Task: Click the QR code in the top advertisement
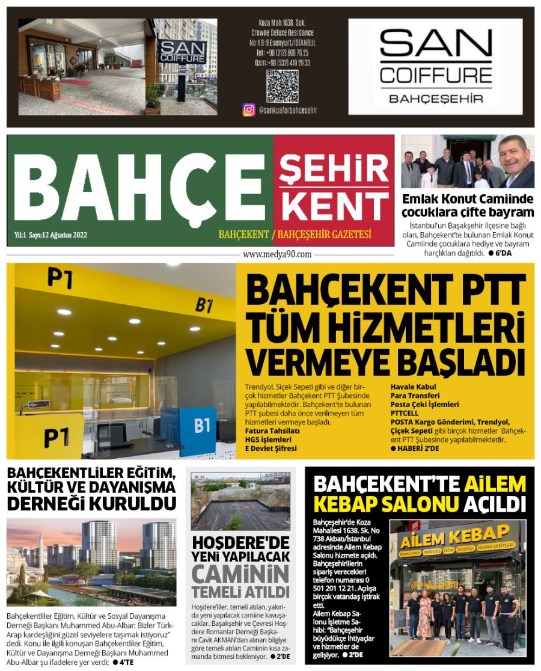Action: tap(282, 85)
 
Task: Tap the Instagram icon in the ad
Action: tap(248, 110)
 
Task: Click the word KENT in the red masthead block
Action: tap(334, 205)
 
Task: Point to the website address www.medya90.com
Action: tap(277, 254)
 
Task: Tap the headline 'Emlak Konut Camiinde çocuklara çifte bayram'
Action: tap(467, 206)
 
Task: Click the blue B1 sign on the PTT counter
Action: tap(201, 426)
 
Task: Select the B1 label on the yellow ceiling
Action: tap(204, 305)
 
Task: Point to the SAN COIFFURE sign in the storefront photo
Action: tap(174, 49)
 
